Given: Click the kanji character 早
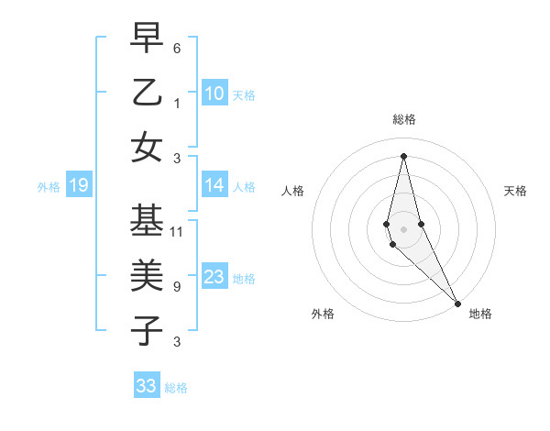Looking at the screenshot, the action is click(147, 38).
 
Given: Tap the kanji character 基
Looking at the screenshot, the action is click(147, 221).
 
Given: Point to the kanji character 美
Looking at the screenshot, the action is click(147, 275).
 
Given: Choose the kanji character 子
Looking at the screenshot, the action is click(147, 330).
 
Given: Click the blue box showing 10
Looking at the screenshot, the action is click(214, 93).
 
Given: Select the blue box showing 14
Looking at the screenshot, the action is click(214, 185).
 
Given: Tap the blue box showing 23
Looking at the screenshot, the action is click(214, 277).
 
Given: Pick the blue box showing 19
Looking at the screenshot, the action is click(78, 186).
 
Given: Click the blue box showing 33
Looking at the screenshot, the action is click(147, 386).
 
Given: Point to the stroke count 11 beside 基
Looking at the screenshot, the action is click(177, 232).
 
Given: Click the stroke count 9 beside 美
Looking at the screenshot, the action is click(176, 287).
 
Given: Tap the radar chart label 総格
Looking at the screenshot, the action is click(403, 119).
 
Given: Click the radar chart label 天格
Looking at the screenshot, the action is click(516, 191).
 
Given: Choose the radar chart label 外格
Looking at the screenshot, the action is click(323, 314).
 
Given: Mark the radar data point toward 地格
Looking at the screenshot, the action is click(457, 302).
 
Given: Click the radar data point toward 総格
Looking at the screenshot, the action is click(403, 155).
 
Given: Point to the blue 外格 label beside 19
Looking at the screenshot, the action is click(49, 187).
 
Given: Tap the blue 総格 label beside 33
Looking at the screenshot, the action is click(176, 388).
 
